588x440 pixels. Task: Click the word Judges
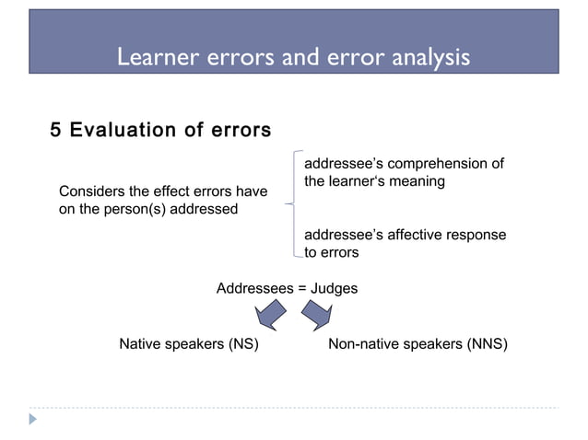point(335,288)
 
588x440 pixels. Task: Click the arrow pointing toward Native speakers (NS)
point(269,316)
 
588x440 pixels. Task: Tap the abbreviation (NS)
point(241,345)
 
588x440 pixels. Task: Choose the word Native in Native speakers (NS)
point(139,345)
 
